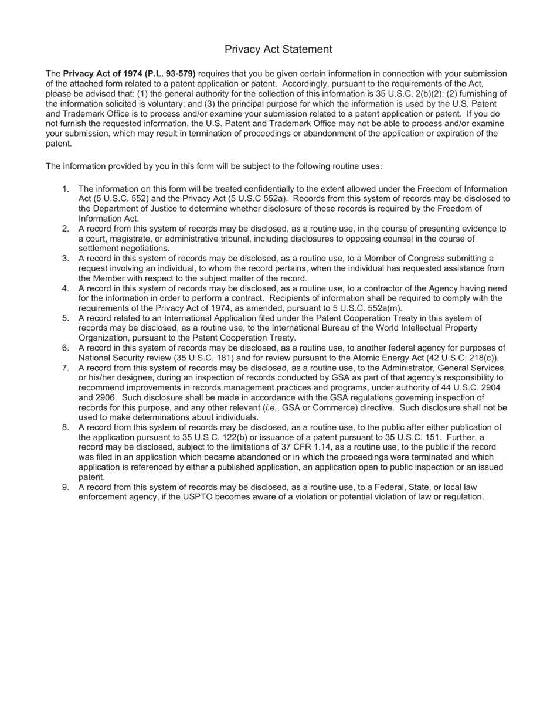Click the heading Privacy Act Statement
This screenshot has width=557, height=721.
[x=278, y=49]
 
